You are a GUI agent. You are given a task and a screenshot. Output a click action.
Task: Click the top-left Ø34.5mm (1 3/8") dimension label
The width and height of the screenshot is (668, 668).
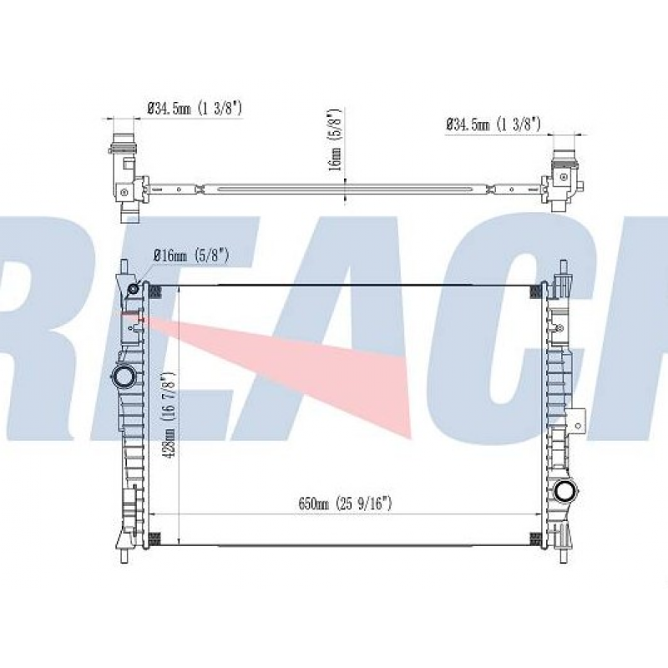195,108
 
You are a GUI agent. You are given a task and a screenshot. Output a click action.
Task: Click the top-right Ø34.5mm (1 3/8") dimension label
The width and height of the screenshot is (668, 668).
493,124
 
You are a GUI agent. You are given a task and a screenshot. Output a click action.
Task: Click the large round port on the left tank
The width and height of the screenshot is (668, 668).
124,377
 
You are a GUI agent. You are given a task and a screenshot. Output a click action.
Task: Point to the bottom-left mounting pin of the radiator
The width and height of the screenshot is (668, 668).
123,554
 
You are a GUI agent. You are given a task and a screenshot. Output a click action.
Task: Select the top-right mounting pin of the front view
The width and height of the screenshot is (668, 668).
561,269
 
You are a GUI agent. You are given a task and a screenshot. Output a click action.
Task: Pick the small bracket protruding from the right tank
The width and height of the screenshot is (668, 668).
578,422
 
